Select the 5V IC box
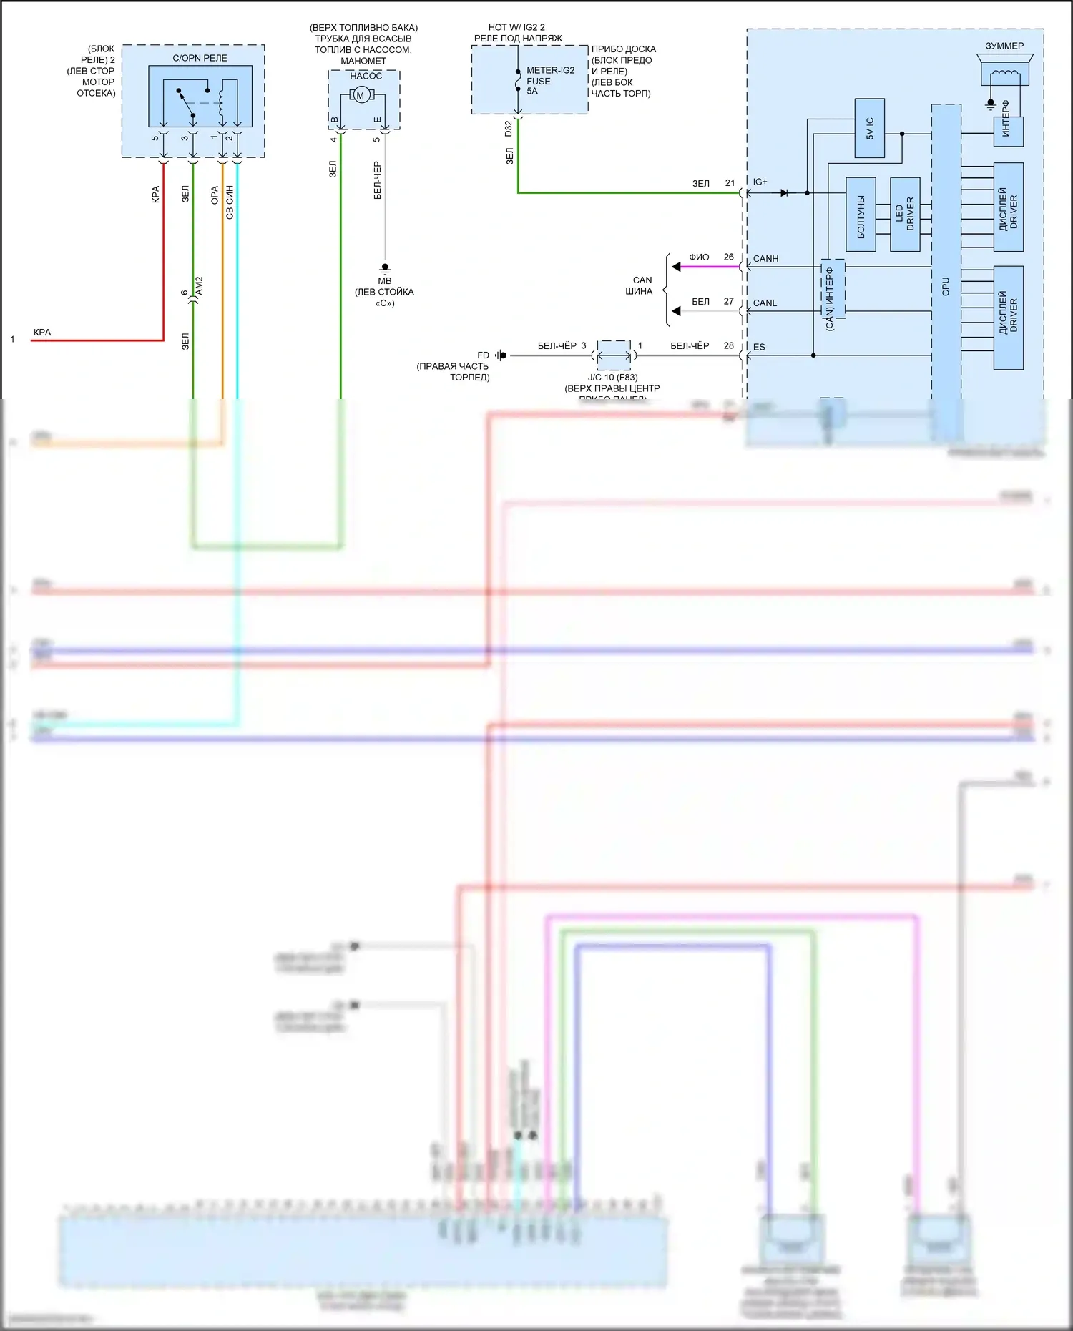click(870, 128)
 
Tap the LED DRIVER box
click(905, 214)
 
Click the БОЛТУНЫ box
click(861, 214)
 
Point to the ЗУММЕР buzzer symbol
click(1005, 69)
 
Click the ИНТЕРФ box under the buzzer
click(1008, 132)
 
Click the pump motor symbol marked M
click(361, 95)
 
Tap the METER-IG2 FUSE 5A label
click(549, 81)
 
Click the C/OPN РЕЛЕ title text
click(200, 58)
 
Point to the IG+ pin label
click(760, 182)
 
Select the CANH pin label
click(765, 259)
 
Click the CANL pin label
click(765, 303)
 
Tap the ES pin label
click(759, 347)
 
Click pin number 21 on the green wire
click(730, 183)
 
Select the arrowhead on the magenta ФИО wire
click(676, 267)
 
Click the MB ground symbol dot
click(385, 267)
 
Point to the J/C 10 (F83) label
click(612, 378)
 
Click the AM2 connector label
click(200, 286)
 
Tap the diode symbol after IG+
click(785, 192)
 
